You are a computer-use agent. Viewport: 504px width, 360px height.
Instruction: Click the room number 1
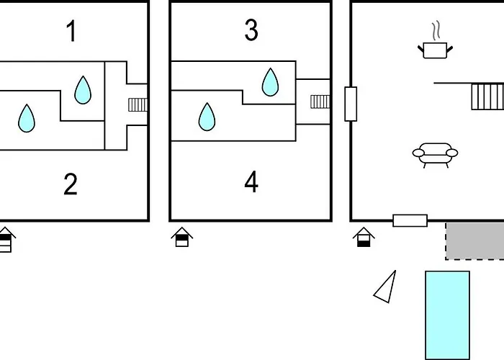(71, 32)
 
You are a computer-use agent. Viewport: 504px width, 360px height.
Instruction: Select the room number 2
(70, 184)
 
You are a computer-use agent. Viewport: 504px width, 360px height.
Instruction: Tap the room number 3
(251, 31)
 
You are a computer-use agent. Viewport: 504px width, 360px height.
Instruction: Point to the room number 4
(251, 182)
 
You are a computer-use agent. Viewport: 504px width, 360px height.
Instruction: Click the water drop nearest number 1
(84, 90)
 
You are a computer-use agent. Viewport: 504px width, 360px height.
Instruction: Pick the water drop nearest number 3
(270, 82)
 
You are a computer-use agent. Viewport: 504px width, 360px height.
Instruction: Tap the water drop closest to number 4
(207, 117)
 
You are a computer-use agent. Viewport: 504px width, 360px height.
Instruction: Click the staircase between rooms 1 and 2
(138, 104)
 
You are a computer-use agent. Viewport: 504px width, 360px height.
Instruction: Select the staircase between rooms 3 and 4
(320, 101)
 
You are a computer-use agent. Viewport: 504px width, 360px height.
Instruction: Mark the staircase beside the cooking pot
(487, 96)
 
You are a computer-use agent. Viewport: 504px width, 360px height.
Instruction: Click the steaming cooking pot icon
(435, 45)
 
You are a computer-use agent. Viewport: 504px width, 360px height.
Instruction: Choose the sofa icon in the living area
(435, 153)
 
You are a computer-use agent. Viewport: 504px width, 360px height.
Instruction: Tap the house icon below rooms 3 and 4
(182, 237)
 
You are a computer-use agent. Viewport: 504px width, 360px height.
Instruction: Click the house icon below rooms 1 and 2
(6, 239)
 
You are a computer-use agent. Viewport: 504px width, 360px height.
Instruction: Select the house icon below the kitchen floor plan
(365, 237)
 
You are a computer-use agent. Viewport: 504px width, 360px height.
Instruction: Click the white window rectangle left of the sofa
(351, 104)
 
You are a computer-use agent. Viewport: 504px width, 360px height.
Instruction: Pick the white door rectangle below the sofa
(410, 220)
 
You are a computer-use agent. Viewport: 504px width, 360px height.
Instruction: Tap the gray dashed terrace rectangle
(475, 240)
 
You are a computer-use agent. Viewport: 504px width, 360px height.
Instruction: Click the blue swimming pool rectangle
(447, 314)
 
